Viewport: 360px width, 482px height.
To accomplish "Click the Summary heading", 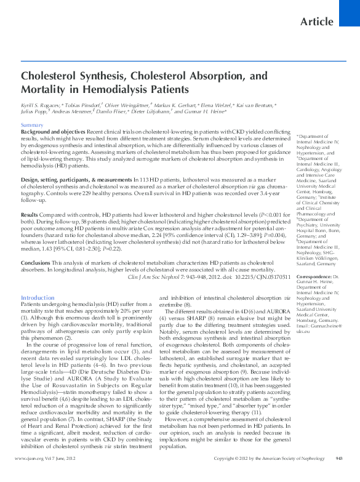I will pos(32,125).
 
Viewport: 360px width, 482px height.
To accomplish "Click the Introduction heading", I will pos(38,297).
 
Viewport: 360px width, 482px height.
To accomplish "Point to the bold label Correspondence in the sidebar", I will pos(314,277).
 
